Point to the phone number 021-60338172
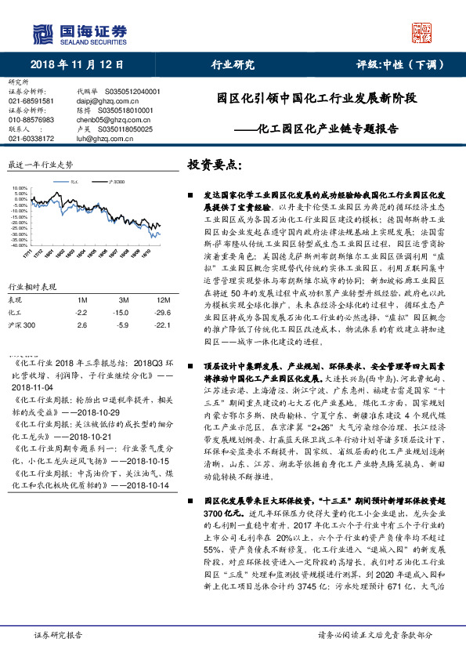pos(31,139)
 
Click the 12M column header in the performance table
pos(163,300)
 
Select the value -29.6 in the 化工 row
pos(162,311)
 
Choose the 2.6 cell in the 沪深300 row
pos(81,323)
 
